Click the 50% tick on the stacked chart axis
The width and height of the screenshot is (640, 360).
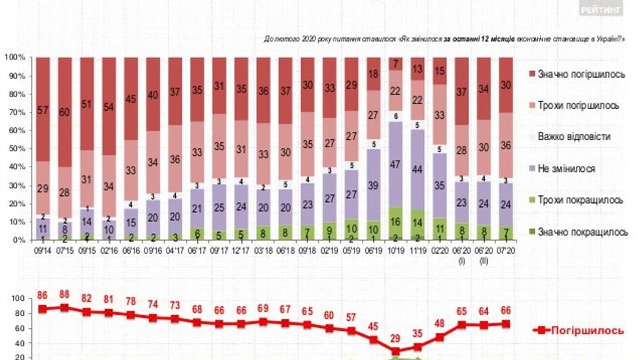click(16, 149)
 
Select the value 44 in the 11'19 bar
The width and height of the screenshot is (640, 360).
click(416, 168)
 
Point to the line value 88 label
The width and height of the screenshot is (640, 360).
click(64, 295)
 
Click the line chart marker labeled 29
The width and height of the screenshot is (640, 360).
click(394, 351)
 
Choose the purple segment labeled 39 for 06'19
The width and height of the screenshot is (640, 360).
click(372, 185)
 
